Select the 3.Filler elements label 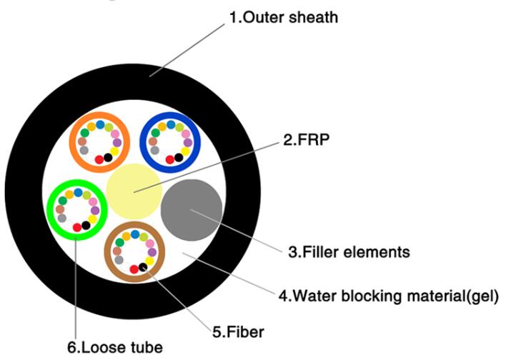(x=348, y=251)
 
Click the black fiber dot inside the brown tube (x=144, y=267)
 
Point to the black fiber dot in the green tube (x=86, y=226)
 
